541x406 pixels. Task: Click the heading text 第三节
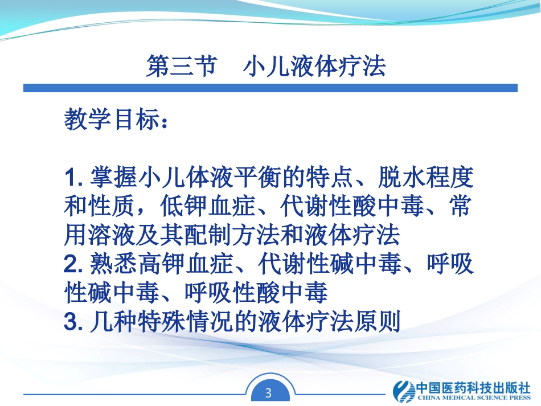[181, 67]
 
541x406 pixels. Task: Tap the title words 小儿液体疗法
[314, 67]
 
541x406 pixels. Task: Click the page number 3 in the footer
[270, 392]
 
